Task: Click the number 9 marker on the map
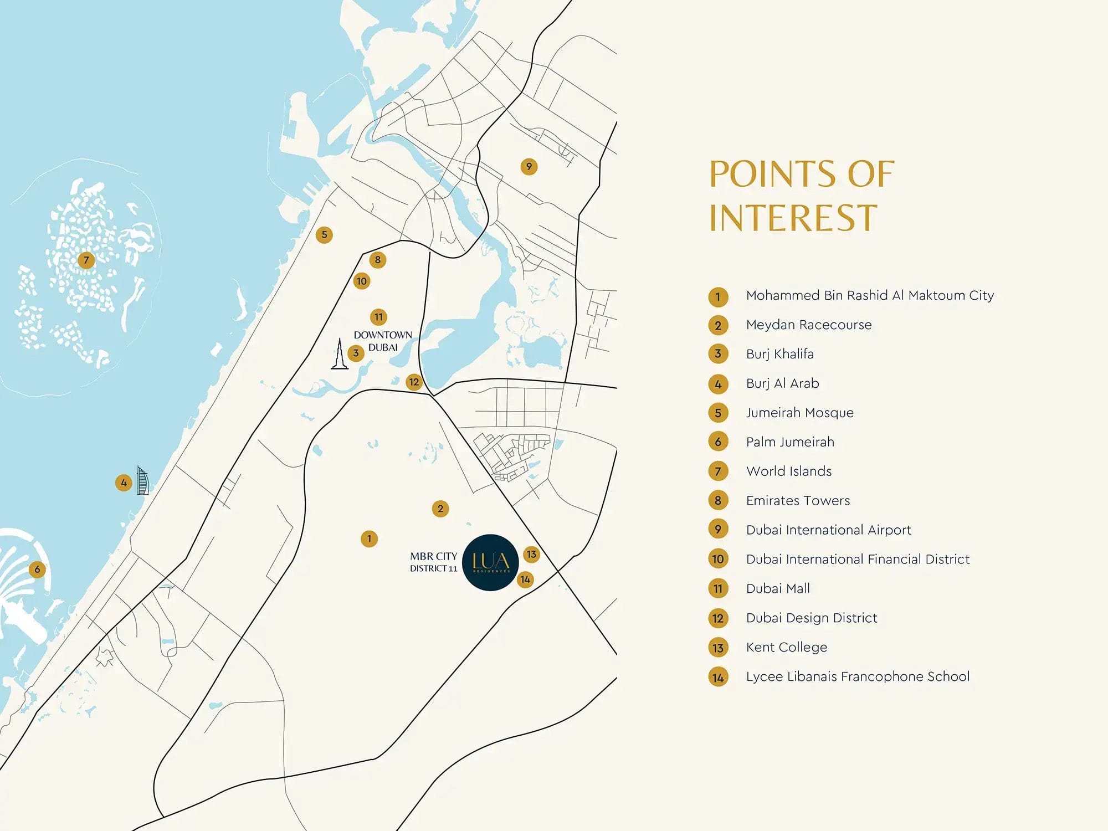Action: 529,166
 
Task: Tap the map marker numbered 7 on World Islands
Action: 86,260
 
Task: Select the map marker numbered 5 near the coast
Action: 324,234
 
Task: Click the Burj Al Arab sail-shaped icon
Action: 143,481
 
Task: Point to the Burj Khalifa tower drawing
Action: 339,355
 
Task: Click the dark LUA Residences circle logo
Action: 490,562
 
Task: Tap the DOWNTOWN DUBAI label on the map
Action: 383,341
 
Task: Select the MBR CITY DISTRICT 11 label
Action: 433,562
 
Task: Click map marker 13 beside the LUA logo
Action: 531,554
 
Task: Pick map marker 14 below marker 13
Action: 525,579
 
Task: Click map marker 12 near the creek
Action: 414,382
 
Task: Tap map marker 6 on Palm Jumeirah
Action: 37,569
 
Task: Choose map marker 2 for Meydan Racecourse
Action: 440,509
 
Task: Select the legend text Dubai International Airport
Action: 828,530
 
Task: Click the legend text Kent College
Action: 786,647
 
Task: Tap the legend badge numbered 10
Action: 718,559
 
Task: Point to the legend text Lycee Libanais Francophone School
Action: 858,676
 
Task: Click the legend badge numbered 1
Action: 718,296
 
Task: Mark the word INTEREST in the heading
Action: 793,218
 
